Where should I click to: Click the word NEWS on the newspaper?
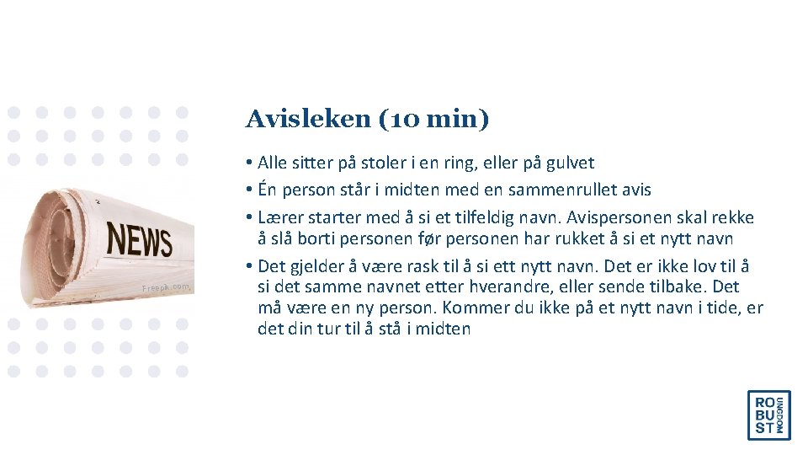tap(140, 239)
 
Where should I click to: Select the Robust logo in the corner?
tap(768, 415)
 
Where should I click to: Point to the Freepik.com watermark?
tap(167, 287)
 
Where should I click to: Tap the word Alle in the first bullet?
tap(273, 163)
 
